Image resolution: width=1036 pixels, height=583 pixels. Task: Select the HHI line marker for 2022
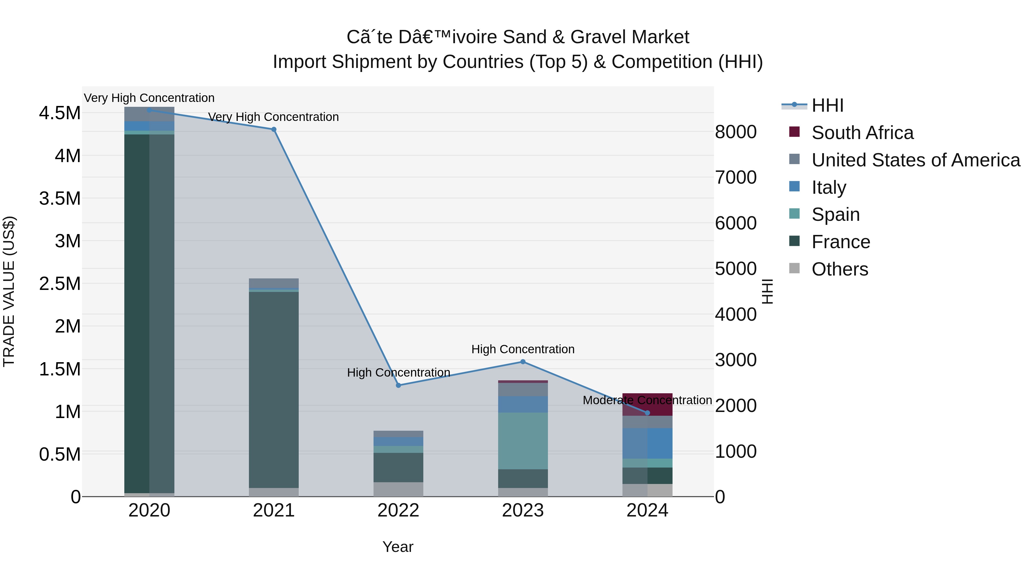[x=398, y=385]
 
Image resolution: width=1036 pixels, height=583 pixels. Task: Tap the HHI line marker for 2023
[x=523, y=362]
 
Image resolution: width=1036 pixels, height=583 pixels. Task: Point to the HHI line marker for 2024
[x=647, y=413]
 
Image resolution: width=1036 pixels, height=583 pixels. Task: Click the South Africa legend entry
[x=862, y=133]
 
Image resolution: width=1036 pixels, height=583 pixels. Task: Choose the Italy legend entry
[x=829, y=187]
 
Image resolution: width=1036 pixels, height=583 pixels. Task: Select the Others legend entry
[x=840, y=269]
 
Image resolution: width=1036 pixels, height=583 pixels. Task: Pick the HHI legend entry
[x=827, y=105]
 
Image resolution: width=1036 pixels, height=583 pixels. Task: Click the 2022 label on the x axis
[x=398, y=510]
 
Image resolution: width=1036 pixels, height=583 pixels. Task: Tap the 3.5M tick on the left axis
[x=60, y=199]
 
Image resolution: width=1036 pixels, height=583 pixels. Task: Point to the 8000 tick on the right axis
[x=736, y=132]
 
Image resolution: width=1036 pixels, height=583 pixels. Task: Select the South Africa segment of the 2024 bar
[x=647, y=405]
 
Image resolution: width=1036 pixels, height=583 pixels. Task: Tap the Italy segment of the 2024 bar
[x=647, y=443]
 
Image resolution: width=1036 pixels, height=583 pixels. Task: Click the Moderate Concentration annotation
[x=647, y=400]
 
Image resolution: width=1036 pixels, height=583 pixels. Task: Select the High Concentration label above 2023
[x=523, y=349]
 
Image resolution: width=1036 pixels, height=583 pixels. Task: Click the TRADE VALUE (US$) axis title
[x=9, y=291]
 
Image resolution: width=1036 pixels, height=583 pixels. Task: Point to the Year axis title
[x=398, y=547]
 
